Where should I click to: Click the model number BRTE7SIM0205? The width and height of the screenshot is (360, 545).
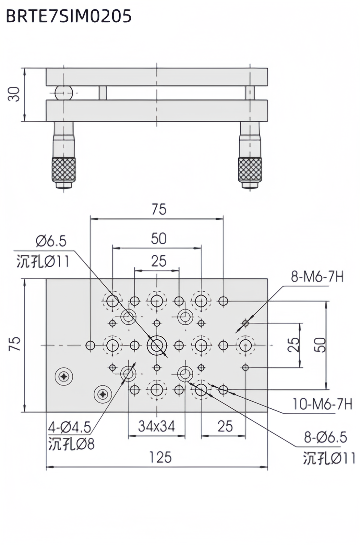(69, 16)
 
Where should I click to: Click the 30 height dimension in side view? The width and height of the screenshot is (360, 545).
(14, 94)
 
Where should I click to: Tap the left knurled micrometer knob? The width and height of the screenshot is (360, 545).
(64, 169)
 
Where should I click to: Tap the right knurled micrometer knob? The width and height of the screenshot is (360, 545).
(250, 169)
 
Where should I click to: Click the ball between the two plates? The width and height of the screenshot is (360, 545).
(64, 93)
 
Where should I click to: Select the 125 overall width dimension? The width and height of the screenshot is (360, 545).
(160, 457)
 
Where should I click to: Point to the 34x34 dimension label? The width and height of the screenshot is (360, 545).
(156, 426)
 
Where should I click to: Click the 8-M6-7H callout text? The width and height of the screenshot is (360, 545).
(317, 277)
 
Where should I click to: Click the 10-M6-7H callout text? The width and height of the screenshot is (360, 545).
(322, 404)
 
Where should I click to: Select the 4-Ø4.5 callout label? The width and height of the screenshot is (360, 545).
(70, 427)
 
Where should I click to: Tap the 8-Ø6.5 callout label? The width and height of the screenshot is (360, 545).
(326, 437)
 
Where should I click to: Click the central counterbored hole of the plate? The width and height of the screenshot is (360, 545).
(157, 345)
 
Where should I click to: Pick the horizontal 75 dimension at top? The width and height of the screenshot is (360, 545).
(159, 209)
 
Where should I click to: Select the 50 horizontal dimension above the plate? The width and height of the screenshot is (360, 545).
(158, 239)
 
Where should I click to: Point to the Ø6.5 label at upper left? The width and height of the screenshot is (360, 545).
(51, 241)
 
